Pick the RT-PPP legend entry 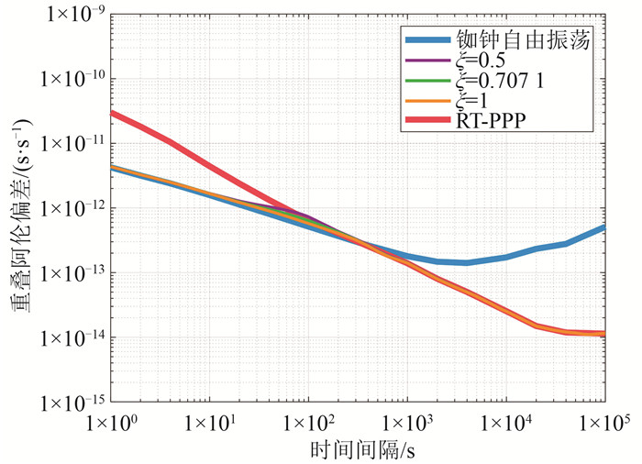coord(500,120)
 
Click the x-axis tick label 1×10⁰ coord(111,424)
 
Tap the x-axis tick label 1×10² coord(308,424)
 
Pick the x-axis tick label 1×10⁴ coord(505,424)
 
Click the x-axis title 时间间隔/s coord(357,450)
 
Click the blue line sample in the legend coord(430,40)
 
